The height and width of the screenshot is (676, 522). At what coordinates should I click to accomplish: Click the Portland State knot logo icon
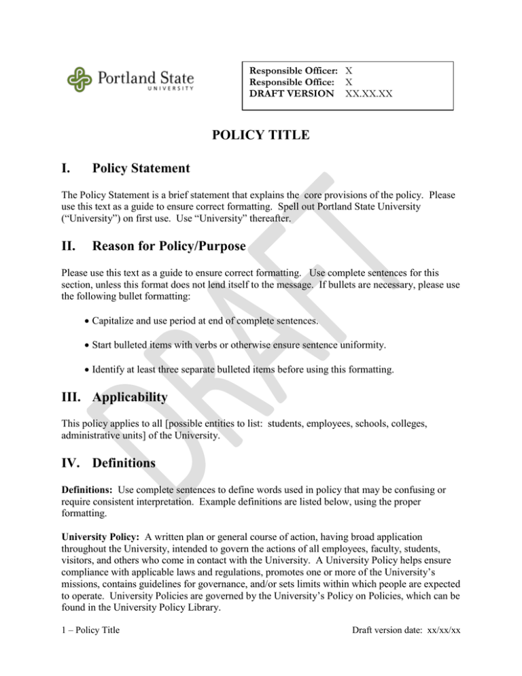(x=81, y=80)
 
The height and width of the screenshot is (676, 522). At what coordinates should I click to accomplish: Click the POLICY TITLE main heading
(x=260, y=135)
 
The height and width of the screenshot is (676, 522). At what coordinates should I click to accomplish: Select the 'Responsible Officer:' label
(x=294, y=71)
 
